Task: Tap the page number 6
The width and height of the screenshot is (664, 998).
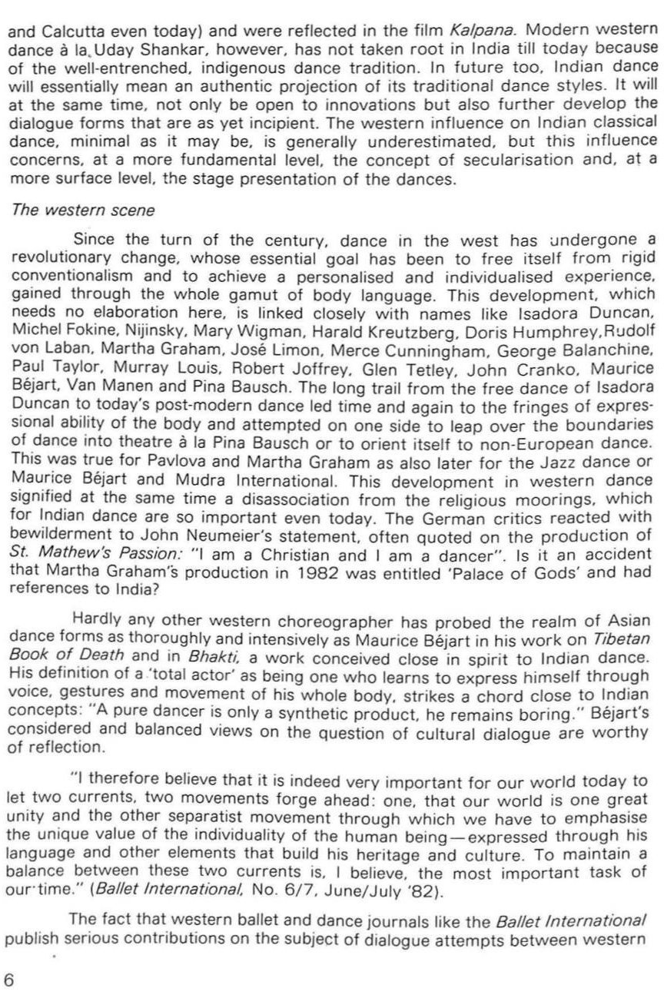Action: point(9,979)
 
